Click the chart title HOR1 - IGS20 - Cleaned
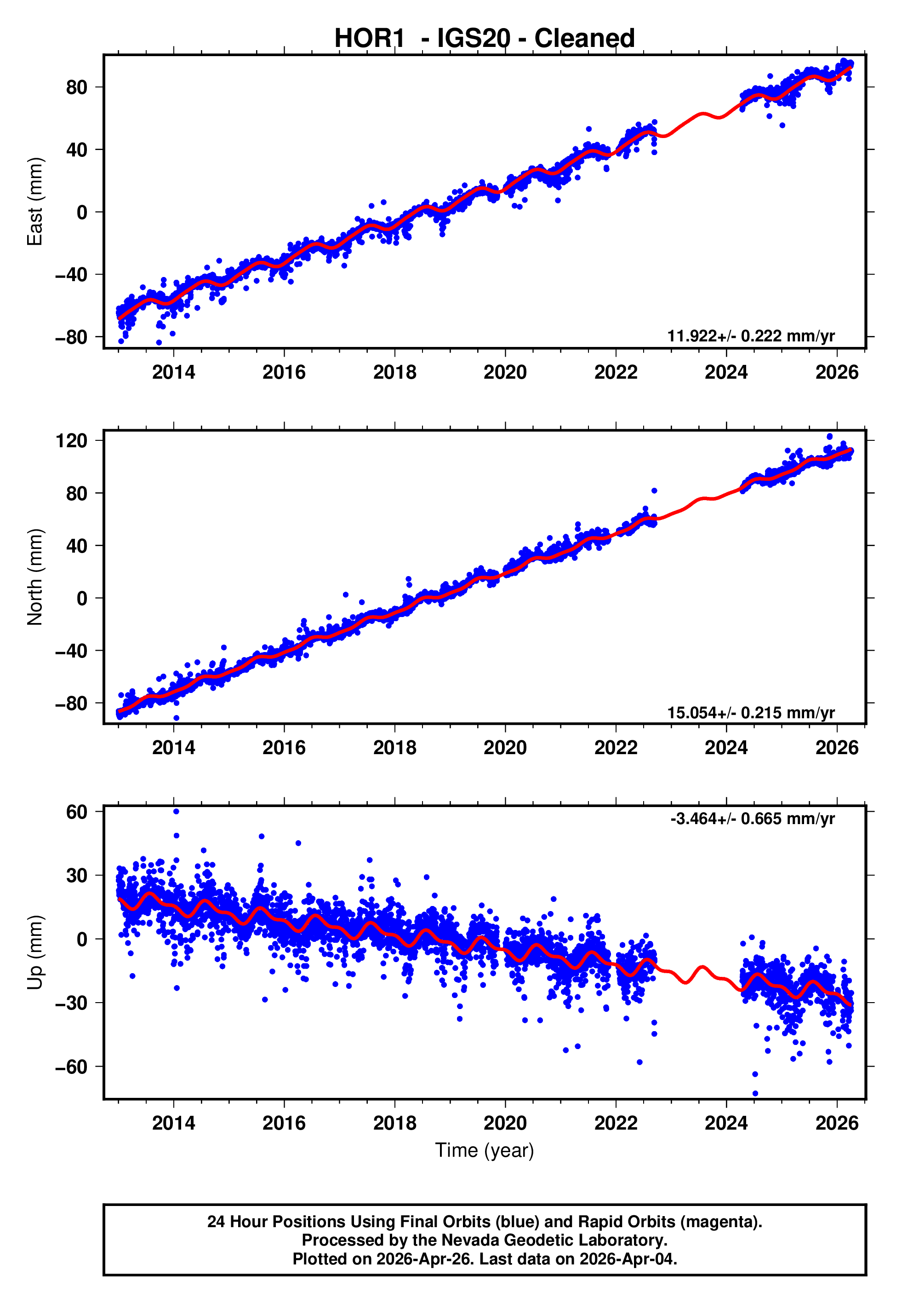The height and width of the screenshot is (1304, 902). [x=485, y=39]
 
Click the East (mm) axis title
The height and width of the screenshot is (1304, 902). [x=35, y=202]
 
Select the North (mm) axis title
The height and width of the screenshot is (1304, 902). [x=35, y=577]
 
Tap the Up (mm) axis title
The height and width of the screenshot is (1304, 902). [x=35, y=952]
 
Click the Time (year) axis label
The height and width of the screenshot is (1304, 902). [x=485, y=1150]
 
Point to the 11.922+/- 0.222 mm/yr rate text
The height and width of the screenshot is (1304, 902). [x=751, y=336]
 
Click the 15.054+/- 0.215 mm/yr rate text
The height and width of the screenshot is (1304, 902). [x=751, y=712]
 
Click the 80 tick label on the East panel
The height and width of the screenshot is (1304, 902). [x=76, y=87]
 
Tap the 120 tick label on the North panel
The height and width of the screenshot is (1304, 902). [x=71, y=440]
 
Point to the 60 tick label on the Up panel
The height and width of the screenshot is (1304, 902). [x=76, y=812]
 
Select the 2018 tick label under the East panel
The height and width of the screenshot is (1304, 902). [x=394, y=372]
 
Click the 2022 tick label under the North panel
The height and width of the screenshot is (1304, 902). [x=616, y=748]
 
